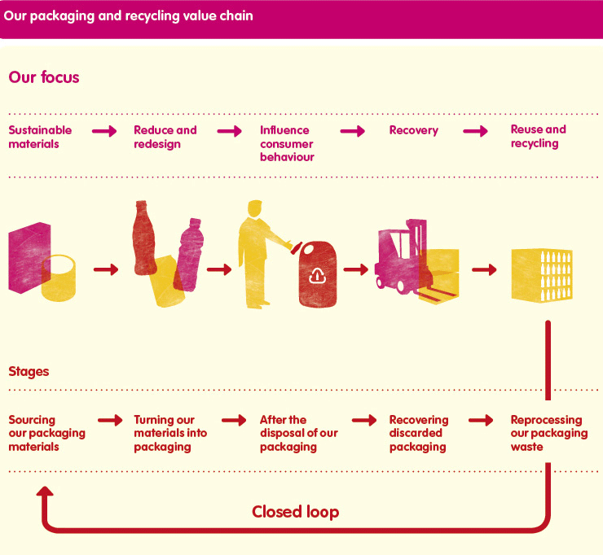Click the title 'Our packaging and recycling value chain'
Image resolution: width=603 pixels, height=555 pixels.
tap(129, 16)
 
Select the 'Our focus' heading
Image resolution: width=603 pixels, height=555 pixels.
tap(44, 77)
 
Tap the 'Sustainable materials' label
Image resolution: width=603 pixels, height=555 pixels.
tap(40, 137)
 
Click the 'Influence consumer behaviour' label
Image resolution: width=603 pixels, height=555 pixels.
tap(288, 143)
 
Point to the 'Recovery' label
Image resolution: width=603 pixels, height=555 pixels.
tap(414, 130)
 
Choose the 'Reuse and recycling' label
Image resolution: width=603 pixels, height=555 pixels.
tap(539, 136)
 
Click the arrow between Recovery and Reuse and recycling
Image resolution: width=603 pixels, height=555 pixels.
tap(475, 131)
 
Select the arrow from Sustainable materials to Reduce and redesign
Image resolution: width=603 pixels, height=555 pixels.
tap(104, 131)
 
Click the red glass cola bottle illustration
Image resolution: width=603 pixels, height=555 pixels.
tap(144, 238)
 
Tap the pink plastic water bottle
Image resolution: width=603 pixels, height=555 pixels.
tap(188, 255)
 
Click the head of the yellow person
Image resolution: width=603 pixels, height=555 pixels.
tap(254, 209)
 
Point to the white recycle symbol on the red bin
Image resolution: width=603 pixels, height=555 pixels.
tap(318, 275)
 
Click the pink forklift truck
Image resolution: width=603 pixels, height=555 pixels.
tap(401, 256)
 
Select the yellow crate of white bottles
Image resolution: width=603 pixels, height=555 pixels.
tap(542, 275)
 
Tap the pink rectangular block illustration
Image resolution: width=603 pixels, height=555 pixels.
tap(29, 258)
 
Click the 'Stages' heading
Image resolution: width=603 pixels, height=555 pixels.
tap(29, 372)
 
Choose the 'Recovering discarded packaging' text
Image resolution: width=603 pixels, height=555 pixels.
tap(419, 433)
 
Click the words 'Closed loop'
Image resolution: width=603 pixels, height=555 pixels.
tap(295, 512)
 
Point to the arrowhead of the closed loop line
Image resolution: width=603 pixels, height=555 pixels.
tap(45, 492)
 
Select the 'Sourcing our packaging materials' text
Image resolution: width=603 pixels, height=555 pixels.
tap(47, 433)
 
